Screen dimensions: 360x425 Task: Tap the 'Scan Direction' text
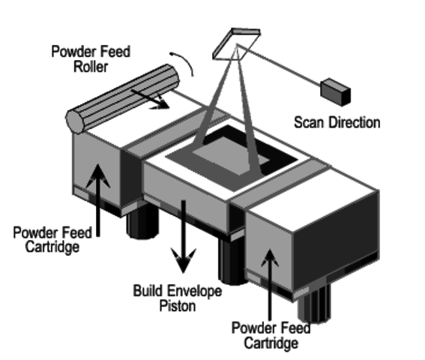point(336,121)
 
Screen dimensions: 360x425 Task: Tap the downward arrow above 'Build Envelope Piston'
point(181,240)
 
